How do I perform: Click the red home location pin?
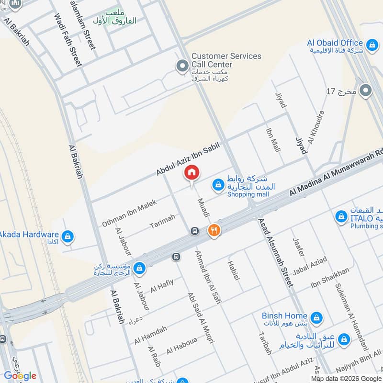pyautogui.click(x=191, y=172)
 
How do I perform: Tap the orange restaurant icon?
pyautogui.click(x=214, y=231)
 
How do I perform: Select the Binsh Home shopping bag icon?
pyautogui.click(x=316, y=316)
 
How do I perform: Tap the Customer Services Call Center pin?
pyautogui.click(x=182, y=66)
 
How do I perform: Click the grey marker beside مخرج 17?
pyautogui.click(x=366, y=90)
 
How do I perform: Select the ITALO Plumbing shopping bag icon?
pyautogui.click(x=341, y=217)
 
